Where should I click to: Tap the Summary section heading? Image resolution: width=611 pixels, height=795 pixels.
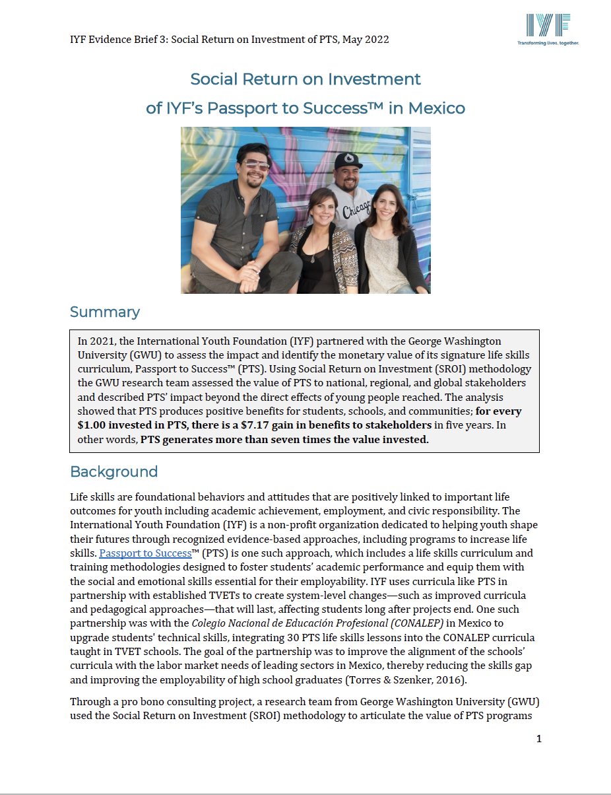coord(105,312)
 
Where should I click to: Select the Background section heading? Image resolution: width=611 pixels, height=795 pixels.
coord(113,471)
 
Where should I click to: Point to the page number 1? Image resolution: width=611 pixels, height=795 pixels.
coord(538,739)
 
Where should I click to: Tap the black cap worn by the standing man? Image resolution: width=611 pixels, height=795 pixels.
coord(348,160)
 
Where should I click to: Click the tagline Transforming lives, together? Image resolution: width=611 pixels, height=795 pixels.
coord(548,42)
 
